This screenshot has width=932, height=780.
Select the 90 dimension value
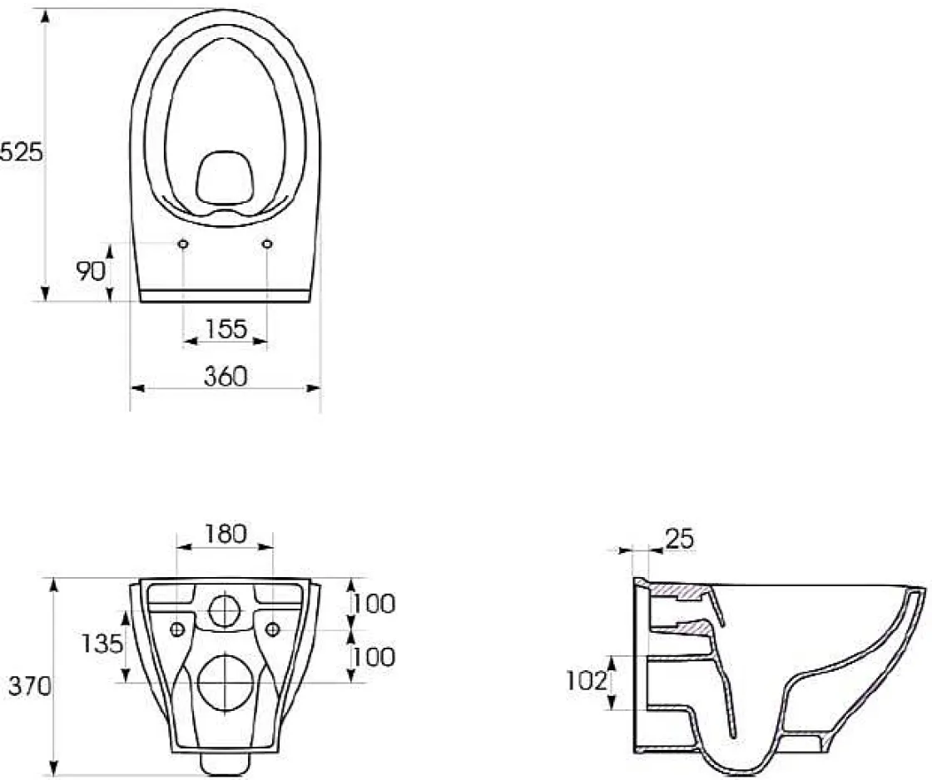coord(91,271)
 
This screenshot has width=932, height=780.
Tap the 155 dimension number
coord(226,329)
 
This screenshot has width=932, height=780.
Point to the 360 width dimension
coord(226,377)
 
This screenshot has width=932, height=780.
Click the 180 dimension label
coord(226,533)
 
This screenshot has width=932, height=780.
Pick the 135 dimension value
coord(103,643)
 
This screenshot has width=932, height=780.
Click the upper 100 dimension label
coord(372,604)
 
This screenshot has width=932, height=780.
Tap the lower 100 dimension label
coord(372,657)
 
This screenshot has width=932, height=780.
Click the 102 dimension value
coord(585,681)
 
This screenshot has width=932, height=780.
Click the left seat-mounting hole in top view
coord(182,244)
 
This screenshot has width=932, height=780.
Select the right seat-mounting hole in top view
coord(267,244)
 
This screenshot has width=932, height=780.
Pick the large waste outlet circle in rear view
coord(225,681)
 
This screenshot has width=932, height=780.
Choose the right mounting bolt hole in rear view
coord(272,629)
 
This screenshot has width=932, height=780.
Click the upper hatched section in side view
coord(678,590)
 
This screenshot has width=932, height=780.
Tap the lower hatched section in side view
coord(694,625)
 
